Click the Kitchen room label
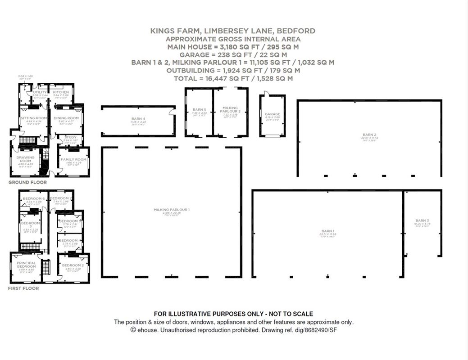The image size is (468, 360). tap(61, 92)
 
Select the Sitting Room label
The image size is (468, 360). tap(34, 118)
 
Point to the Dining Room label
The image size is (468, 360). tap(66, 118)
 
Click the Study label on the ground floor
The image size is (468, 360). tap(70, 137)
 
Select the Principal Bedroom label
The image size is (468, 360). tap(26, 265)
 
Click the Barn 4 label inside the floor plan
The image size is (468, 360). tap(138, 119)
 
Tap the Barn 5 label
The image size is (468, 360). tap(199, 109)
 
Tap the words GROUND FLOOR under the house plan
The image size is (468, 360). tap(27, 182)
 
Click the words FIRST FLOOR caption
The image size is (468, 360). tap(23, 288)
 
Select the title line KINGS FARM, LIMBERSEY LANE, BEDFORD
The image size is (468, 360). tap(232, 31)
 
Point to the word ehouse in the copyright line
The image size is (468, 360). tap(148, 330)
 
